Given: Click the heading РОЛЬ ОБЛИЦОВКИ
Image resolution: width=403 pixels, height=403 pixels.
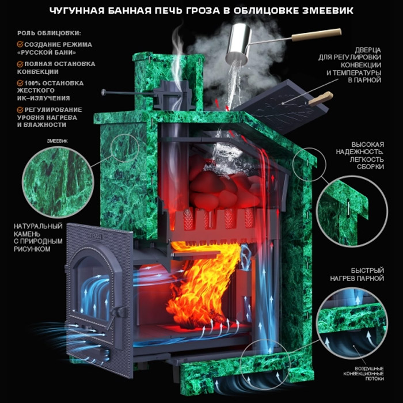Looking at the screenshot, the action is pos(49,33).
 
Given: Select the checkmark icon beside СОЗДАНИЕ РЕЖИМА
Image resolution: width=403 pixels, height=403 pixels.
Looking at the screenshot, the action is pos(20,44).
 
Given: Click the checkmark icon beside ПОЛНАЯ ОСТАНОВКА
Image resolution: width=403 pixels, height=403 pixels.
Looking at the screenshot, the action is pos(20,64).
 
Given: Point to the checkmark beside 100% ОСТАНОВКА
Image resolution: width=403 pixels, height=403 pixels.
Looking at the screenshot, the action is pos(20,83).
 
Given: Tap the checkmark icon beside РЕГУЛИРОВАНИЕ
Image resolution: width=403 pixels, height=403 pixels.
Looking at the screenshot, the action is pos(20,110).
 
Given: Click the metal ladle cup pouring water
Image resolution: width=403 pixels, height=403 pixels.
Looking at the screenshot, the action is pos(238,43).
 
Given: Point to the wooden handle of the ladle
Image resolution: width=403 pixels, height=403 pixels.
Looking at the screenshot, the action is pos(317,35).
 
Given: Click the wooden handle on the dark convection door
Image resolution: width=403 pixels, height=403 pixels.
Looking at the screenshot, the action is pos(321,99).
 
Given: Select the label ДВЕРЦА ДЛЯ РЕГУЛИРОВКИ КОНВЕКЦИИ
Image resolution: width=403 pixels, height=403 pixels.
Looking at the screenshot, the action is pos(350,65).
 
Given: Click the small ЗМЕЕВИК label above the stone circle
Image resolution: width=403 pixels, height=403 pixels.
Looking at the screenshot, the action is pos(58,141).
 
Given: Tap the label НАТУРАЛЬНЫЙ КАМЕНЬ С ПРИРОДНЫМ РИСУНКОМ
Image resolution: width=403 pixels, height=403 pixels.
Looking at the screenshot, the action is pos(38,237).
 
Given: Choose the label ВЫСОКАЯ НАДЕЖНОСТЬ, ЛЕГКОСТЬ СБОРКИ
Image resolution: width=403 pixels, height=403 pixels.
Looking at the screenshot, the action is pos(360,155).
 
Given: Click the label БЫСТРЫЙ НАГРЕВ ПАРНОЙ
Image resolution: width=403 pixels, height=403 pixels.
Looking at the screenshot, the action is pos(357,274).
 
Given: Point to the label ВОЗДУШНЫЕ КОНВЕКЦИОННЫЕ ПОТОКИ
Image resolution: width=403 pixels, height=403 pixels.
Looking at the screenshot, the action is pos(364,374).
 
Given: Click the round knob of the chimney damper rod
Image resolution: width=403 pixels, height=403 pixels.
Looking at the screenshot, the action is pos(103,92).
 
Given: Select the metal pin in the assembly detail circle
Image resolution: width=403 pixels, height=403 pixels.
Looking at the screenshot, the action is pos(348,208).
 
